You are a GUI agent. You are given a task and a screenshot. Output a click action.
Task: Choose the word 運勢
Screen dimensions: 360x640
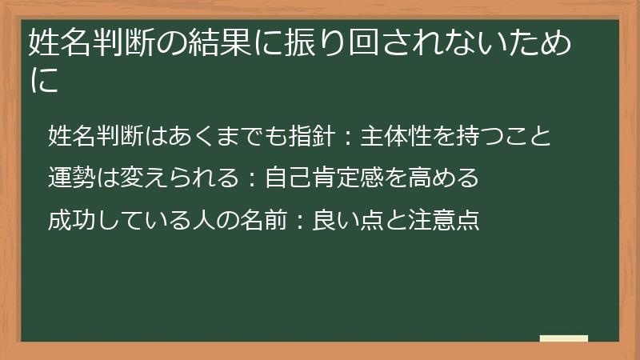coord(71,177)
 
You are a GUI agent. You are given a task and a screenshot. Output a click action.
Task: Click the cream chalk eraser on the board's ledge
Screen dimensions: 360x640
coord(563,339)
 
